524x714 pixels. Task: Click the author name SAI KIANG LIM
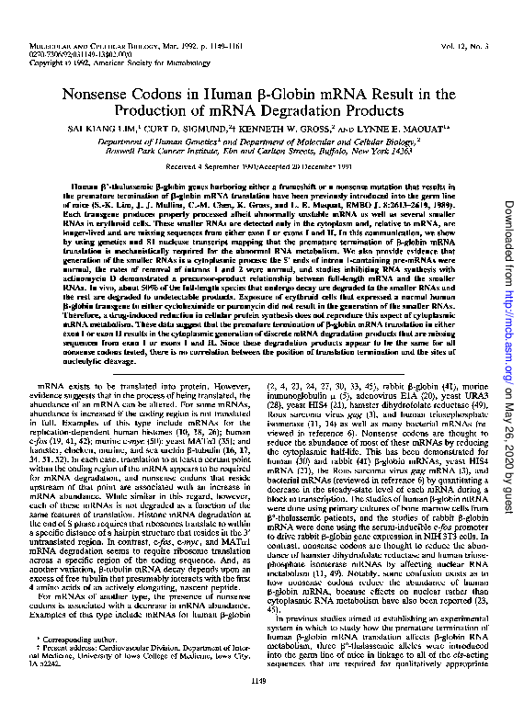(x=95, y=131)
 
